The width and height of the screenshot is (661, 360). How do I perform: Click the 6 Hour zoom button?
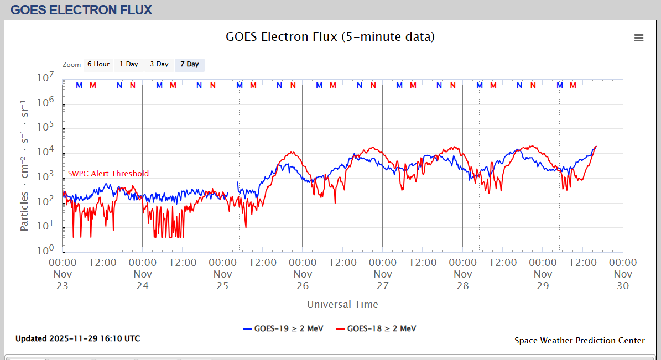(x=98, y=65)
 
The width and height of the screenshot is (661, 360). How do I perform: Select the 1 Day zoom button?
(x=129, y=65)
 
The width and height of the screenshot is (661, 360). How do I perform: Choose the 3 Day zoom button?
(x=159, y=65)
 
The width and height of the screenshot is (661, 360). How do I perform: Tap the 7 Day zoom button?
(x=190, y=65)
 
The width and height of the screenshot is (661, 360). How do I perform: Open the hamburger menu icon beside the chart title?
(x=639, y=38)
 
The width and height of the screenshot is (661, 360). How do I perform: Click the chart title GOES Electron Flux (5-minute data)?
(x=330, y=37)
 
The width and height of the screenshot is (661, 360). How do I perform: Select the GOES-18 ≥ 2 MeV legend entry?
(x=377, y=328)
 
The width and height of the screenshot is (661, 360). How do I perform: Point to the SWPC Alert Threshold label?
(x=108, y=174)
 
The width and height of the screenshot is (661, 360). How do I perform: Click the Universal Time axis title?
(x=343, y=305)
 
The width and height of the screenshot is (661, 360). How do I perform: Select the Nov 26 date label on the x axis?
(x=303, y=280)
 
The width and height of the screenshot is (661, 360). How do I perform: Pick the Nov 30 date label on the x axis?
(x=623, y=280)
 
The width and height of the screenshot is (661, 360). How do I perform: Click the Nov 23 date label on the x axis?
(x=63, y=280)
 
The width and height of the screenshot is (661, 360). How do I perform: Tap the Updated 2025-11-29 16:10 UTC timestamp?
(x=77, y=338)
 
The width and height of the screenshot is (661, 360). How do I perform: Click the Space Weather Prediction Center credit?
(x=579, y=341)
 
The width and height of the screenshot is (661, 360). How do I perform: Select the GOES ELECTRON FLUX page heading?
(x=81, y=10)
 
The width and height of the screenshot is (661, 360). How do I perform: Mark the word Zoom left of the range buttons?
(x=72, y=65)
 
